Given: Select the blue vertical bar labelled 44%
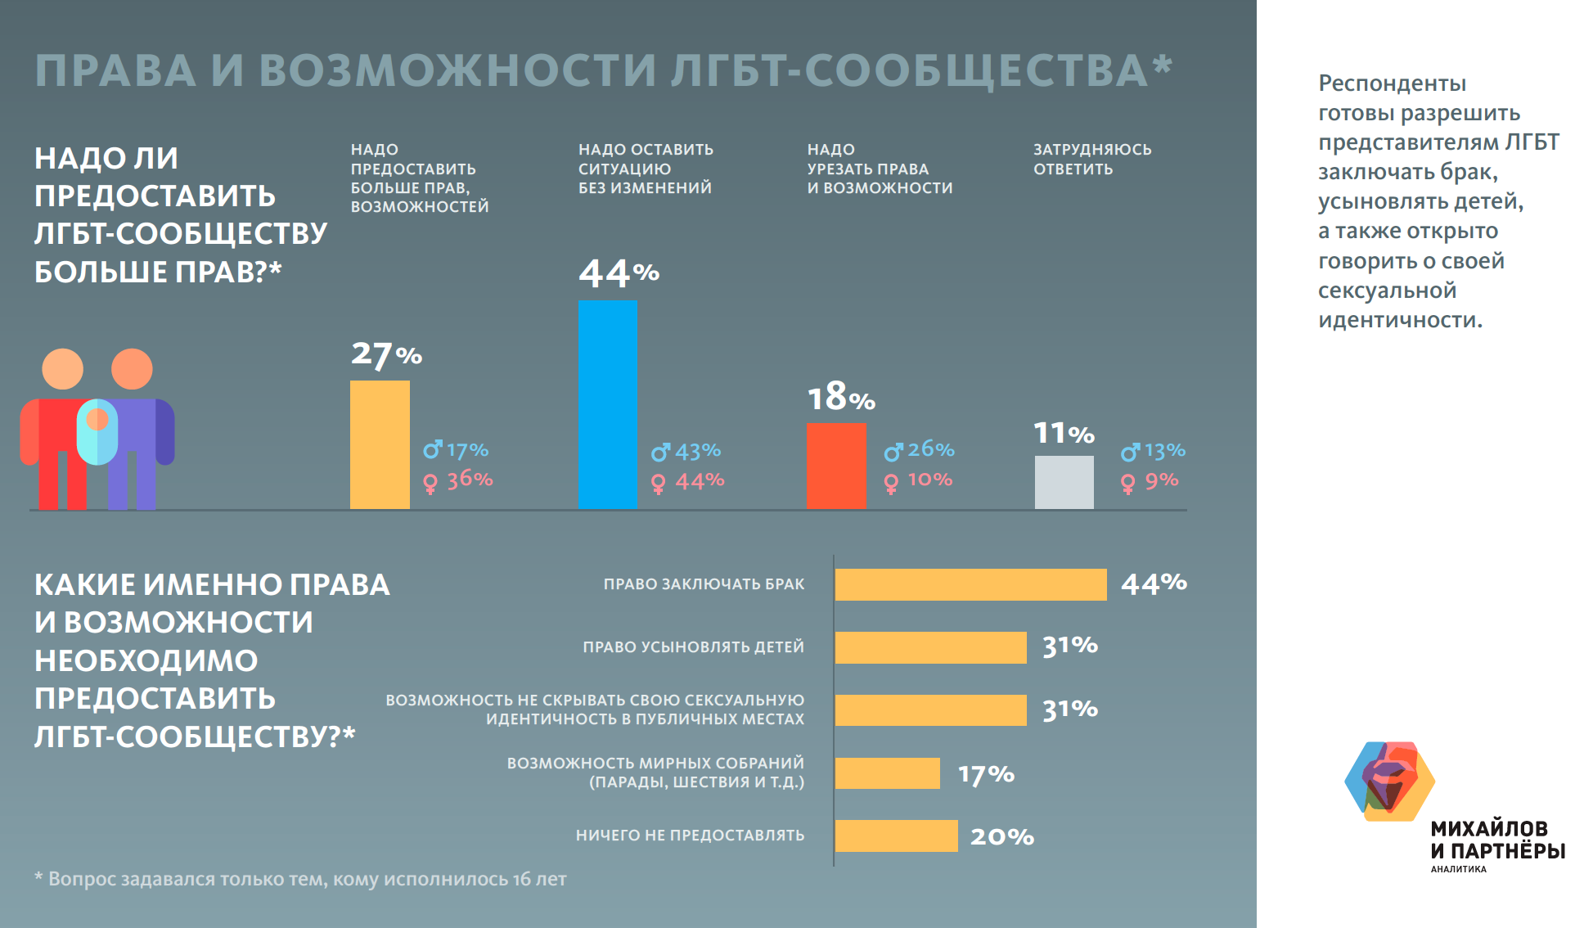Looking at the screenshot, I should coord(608,404).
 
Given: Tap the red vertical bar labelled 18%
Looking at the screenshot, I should coord(836,466).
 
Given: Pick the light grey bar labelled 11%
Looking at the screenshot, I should coord(1064,482).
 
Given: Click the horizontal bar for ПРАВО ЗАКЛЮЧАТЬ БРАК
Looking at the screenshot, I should coord(970,584).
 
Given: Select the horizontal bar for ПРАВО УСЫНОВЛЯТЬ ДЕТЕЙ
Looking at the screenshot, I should coord(930,647).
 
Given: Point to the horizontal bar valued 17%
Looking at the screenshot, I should coord(888,773).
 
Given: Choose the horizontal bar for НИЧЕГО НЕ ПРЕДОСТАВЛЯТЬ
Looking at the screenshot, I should coord(896,836).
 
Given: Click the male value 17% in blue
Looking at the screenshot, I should coord(467,450).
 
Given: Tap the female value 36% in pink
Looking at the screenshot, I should coord(470,480).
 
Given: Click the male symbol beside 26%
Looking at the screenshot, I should coord(893,451).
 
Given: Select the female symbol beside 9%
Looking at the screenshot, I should coord(1128,484).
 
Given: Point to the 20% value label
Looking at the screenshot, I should coord(1002,836).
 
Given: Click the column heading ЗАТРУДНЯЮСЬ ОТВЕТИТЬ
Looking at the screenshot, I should coord(1091,160).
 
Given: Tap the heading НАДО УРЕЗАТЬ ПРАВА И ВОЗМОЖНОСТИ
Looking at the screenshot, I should coord(880,169).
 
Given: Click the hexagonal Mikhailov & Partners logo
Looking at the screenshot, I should coord(1389,781).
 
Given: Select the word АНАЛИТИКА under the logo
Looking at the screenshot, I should coord(1458,869).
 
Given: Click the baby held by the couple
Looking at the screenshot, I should coord(97,430).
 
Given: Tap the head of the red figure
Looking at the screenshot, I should coord(63,369).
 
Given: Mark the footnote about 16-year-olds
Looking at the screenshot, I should coord(300,879).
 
